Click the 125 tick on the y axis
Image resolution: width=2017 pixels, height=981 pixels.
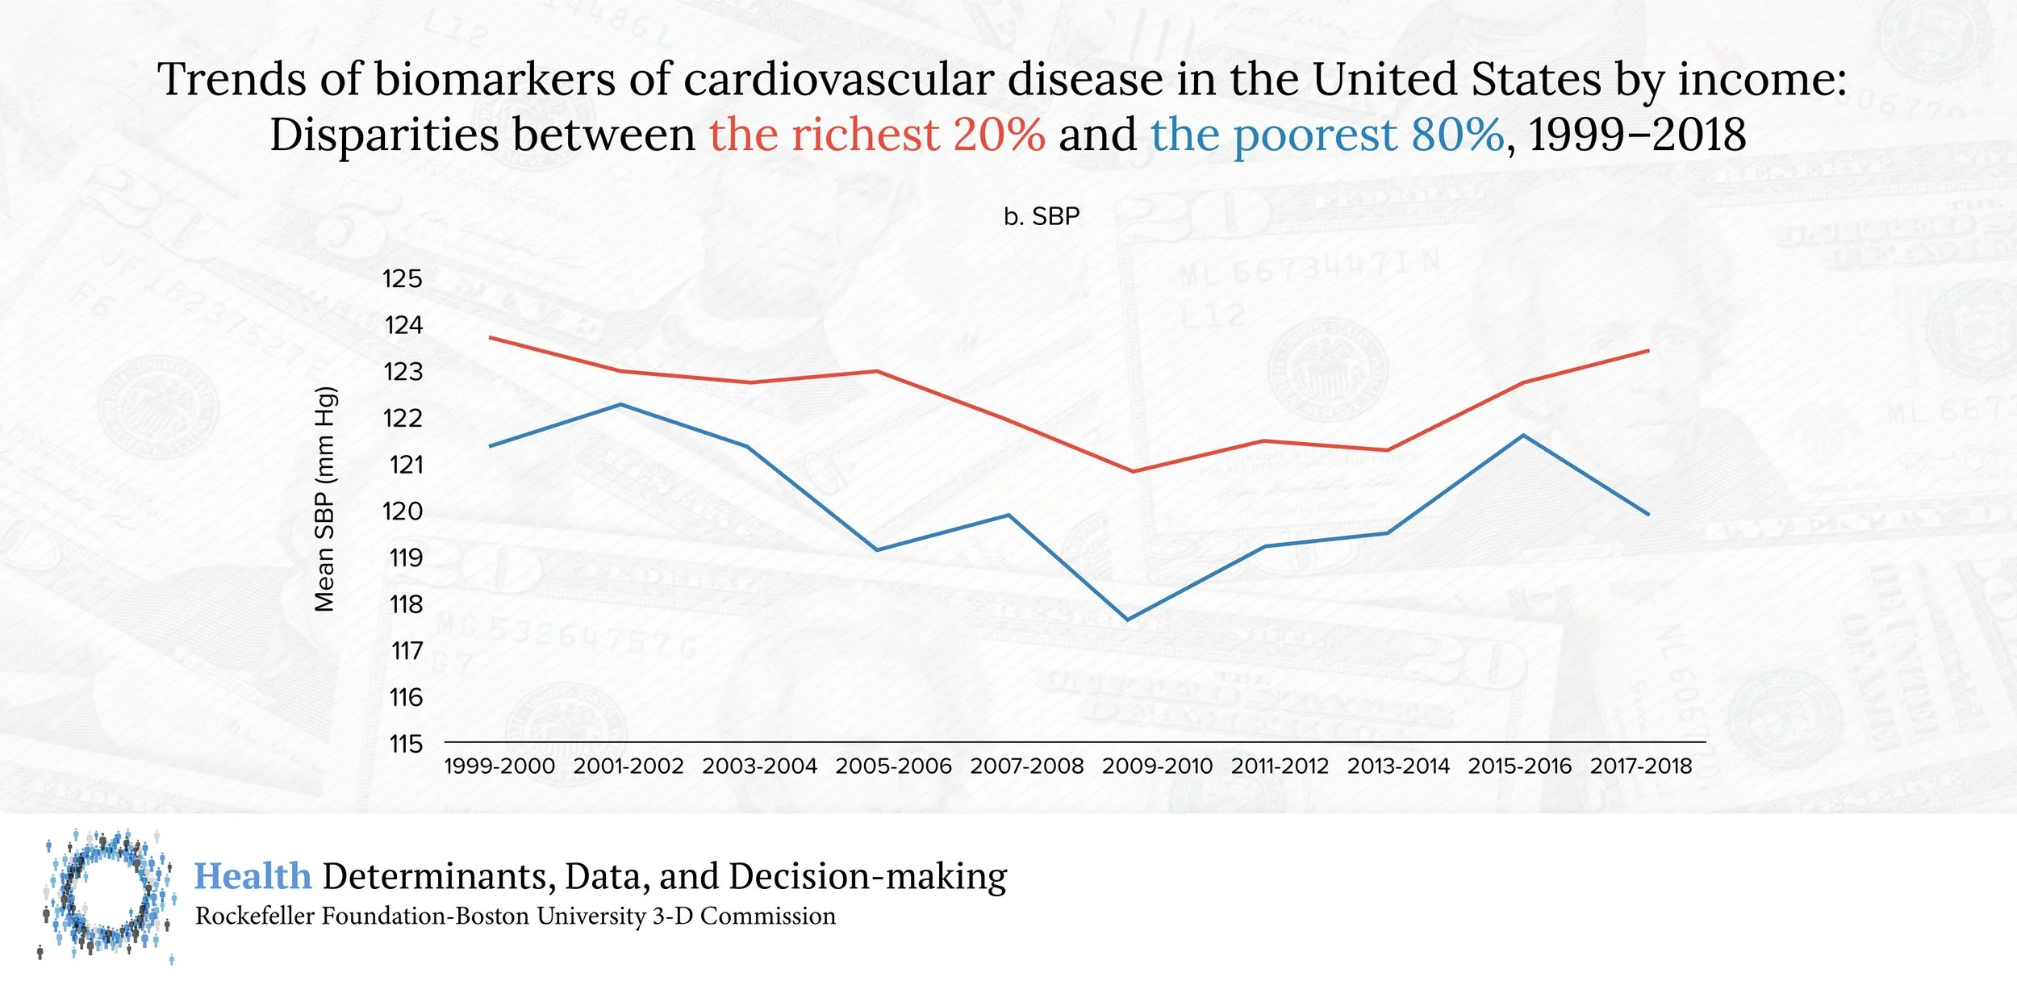pos(402,279)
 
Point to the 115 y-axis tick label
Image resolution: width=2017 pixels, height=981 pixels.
pos(405,744)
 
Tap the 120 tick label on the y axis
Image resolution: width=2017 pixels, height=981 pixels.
pos(402,511)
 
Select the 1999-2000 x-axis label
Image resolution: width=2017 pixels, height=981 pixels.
pos(499,766)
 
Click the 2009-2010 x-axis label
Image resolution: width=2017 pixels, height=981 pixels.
pos(1157,766)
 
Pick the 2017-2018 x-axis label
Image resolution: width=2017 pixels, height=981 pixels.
pos(1641,766)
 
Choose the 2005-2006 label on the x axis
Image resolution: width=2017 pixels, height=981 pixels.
pos(893,766)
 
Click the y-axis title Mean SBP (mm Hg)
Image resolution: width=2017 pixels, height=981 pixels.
pos(324,499)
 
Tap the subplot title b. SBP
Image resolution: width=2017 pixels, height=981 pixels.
pos(1042,217)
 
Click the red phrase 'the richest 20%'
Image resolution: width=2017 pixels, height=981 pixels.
pos(877,134)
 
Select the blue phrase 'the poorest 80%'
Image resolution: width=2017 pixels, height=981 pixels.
pos(1327,134)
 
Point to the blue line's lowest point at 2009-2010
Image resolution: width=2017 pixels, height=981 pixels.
pos(1128,620)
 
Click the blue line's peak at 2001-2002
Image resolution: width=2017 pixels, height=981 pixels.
pos(620,404)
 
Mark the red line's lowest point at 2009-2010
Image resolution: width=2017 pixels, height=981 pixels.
pos(1133,471)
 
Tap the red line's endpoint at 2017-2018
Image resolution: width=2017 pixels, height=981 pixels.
pos(1647,351)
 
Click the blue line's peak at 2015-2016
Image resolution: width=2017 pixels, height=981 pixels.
pos(1522,436)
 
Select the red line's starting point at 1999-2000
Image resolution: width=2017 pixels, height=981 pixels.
pos(491,337)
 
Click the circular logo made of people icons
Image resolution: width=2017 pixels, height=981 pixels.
pos(107,894)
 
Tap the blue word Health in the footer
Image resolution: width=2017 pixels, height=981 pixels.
pos(253,877)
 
